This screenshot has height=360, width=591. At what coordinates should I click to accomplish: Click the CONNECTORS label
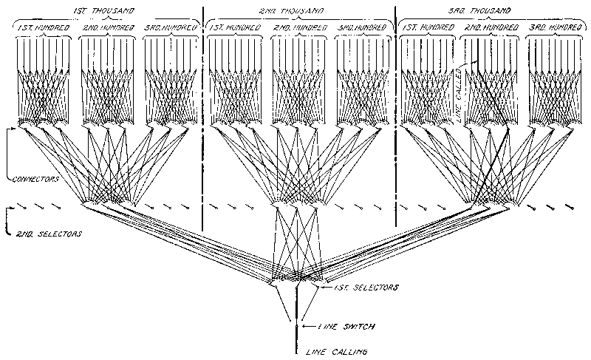[x=36, y=179]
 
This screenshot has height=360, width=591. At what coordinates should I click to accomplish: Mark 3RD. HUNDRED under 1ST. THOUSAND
[x=172, y=27]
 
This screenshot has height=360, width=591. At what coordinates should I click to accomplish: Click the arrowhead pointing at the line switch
[x=304, y=325]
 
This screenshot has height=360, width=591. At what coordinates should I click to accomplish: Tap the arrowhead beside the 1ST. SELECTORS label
[x=329, y=284]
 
